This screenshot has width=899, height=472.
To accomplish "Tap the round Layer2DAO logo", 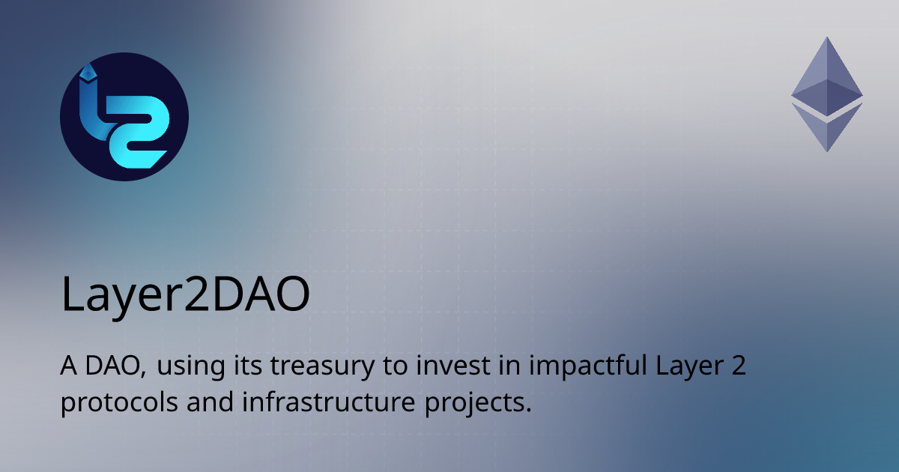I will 124,118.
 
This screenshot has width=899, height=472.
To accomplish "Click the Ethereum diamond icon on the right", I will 827,94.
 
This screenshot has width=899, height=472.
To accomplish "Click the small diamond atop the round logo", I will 92,72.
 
